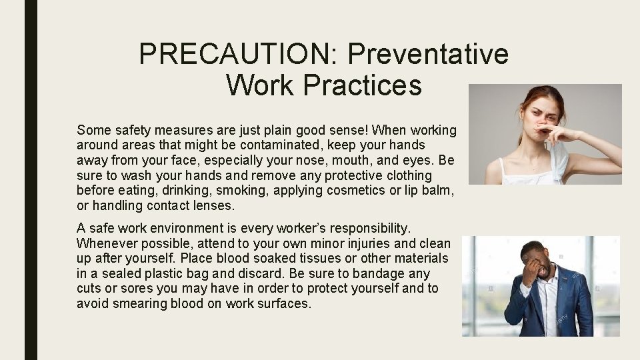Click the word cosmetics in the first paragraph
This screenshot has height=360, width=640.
(342, 191)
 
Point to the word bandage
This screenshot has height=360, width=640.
(375, 274)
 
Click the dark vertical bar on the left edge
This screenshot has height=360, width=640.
(31, 180)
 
